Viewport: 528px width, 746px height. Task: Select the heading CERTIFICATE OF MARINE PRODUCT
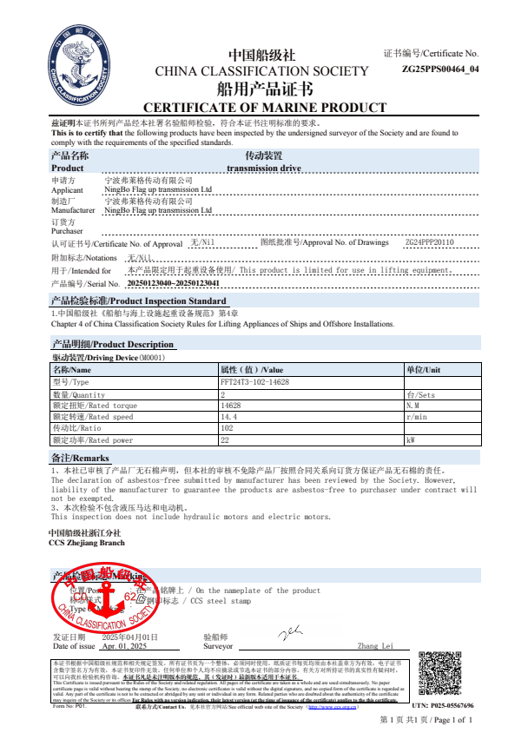tap(264, 108)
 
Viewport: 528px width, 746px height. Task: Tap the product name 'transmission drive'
tap(263, 168)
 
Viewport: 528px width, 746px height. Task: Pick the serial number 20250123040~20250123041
tap(173, 283)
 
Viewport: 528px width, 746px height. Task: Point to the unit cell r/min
tap(418, 417)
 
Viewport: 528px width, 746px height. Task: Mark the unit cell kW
tap(412, 440)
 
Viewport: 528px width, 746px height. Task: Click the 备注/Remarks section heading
tap(81, 457)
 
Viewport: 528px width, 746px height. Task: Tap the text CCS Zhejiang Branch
tap(87, 542)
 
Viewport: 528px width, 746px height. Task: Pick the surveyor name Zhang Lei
tap(374, 646)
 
